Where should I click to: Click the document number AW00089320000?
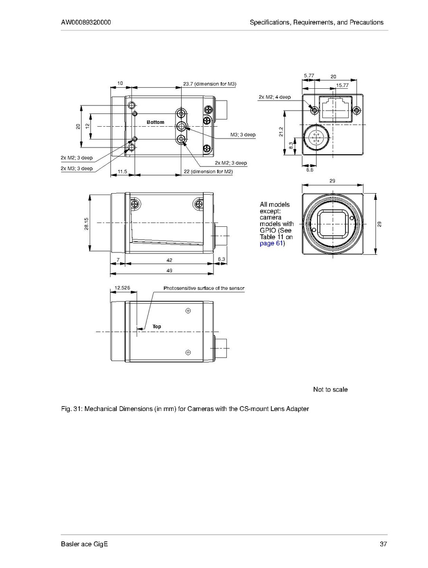coord(86,22)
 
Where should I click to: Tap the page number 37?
coord(383,544)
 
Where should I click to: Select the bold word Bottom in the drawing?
coord(155,122)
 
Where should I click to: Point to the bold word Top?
coord(157,326)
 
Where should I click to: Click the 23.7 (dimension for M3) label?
coord(210,84)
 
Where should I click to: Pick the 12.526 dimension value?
coord(122,288)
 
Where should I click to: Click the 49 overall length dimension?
coord(169,270)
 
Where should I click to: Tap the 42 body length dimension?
coord(169,260)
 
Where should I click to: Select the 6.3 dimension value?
coord(222,260)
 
